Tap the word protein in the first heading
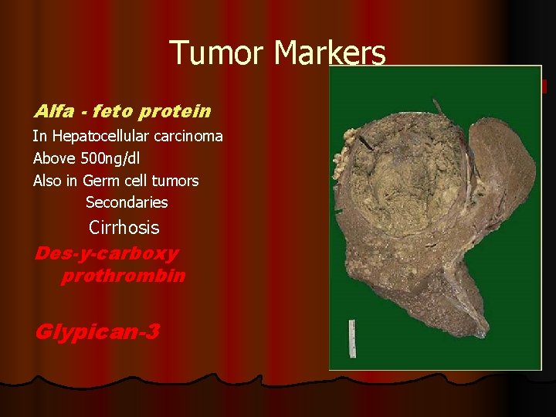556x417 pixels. [175, 111]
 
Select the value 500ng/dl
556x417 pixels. [107, 158]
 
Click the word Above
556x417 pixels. [53, 158]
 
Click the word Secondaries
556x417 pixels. [127, 202]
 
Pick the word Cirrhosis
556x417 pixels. [124, 228]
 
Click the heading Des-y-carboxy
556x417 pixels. [106, 254]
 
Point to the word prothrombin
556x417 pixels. [123, 276]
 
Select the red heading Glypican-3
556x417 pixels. [97, 332]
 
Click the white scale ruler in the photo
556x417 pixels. [351, 337]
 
